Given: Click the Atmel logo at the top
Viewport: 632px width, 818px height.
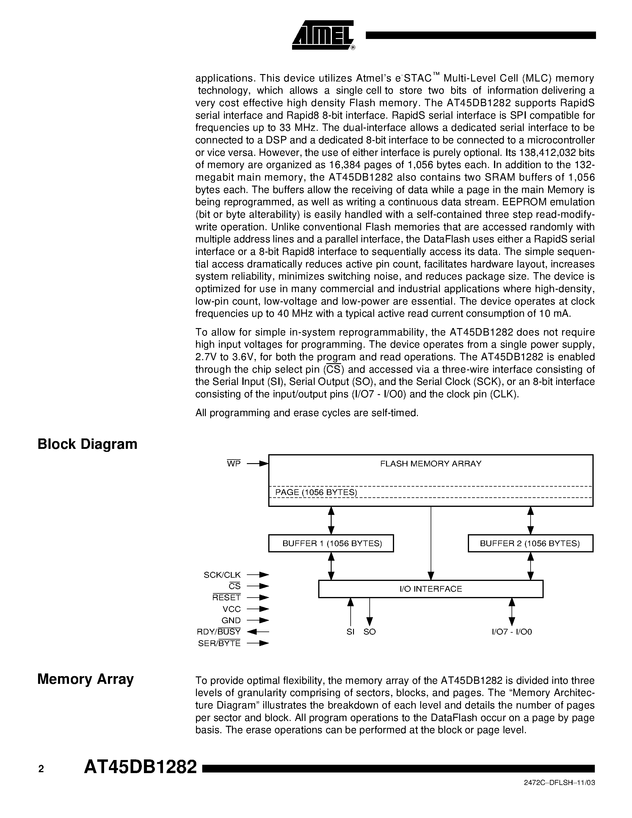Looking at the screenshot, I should pos(323,35).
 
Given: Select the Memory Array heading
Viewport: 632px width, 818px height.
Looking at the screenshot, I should pos(85,679).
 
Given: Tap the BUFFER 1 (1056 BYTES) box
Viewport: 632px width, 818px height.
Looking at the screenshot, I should pos(331,543).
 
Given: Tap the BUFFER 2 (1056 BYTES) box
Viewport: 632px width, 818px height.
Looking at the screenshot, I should pos(530,543).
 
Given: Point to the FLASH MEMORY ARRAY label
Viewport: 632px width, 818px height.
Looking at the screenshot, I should pos(431,464).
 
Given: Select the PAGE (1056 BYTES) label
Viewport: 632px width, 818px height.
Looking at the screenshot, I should pos(316,492).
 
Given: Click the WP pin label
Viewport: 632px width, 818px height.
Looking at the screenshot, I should pos(234,464).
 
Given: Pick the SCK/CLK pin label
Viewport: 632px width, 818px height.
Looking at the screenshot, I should pos(222,575).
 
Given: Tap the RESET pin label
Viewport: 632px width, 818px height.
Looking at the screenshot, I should pos(227,598).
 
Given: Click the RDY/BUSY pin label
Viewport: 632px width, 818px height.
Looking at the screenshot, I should pos(219,632).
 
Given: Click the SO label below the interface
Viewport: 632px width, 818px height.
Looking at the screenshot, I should pos(370,632).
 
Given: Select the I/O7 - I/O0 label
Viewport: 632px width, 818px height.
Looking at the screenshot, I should pos(512,632).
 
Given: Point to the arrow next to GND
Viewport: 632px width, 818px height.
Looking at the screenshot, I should pos(258,620).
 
